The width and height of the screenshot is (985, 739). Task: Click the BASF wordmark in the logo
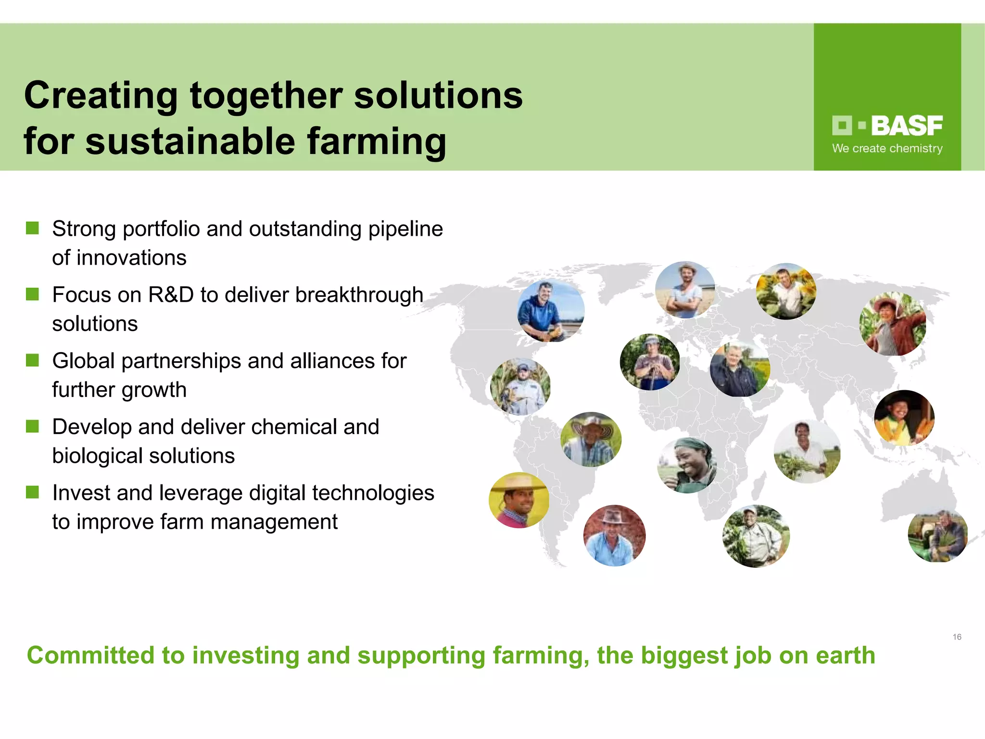[x=906, y=126]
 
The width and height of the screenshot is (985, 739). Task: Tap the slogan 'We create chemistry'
[x=887, y=149]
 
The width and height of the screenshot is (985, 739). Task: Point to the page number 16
[x=957, y=637]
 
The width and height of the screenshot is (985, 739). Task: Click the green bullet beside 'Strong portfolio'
[x=32, y=228]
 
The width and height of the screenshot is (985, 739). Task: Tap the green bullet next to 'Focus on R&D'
[x=32, y=294]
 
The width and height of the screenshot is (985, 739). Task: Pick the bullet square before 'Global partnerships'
[x=32, y=360]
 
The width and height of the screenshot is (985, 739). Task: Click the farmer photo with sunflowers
[x=786, y=291]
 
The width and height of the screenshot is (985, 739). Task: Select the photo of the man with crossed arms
[x=685, y=290]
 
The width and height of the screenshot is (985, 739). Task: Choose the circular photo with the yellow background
[x=519, y=500]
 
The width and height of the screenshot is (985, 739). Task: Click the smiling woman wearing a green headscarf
[x=687, y=465]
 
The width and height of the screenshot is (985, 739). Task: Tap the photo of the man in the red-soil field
[x=614, y=535]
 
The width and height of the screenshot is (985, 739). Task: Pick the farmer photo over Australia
[x=937, y=536]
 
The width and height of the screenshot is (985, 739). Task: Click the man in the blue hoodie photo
[x=551, y=311]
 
